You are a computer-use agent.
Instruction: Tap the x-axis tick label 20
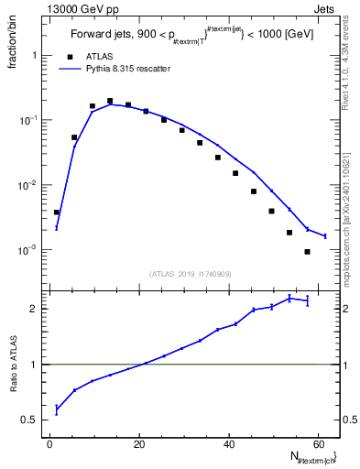point(139,443)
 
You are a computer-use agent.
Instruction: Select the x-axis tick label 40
point(229,443)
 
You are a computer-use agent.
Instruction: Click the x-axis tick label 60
point(318,443)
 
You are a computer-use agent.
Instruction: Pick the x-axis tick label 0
point(50,443)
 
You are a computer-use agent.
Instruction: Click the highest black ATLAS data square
point(110,102)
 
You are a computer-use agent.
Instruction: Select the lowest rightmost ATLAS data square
point(307,252)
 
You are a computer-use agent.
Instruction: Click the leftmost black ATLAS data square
point(57,212)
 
